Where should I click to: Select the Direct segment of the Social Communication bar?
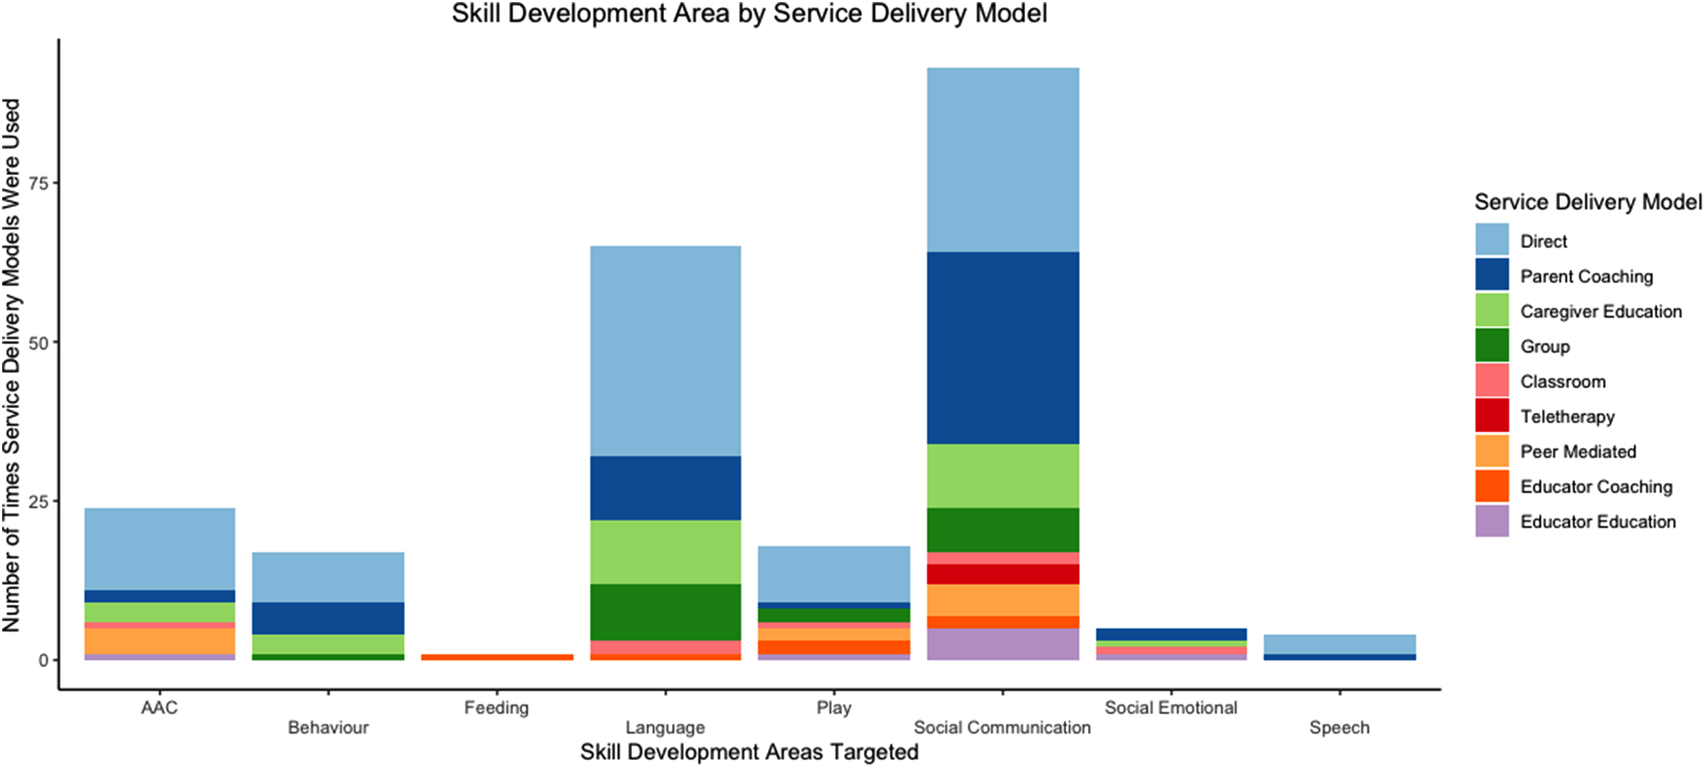pos(1003,160)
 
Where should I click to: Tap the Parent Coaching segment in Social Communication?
pos(1003,348)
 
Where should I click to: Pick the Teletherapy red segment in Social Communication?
pos(1003,574)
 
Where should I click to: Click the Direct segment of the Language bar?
pos(665,351)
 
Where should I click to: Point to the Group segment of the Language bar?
pos(665,613)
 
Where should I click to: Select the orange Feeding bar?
pos(497,657)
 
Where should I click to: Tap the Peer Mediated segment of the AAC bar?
pos(160,641)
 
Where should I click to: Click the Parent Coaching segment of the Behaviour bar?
pos(328,619)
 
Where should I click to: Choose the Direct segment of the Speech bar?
pos(1340,645)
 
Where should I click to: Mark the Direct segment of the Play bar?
pos(834,574)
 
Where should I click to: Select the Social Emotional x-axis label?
pos(1171,708)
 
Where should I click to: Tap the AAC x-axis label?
pos(160,708)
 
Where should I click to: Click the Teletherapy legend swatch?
pos(1492,416)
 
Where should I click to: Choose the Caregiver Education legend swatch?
pos(1492,310)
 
